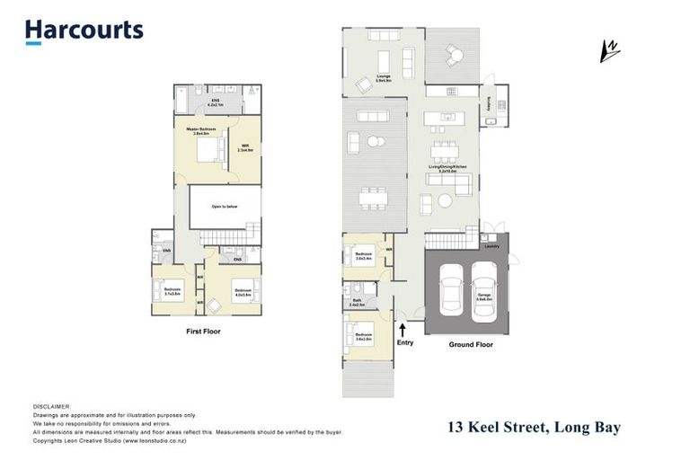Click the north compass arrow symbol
tap(611, 50)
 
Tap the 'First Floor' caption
tap(201, 332)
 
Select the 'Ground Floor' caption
tap(471, 344)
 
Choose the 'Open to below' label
tap(224, 206)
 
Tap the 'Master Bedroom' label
tap(204, 129)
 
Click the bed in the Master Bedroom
tap(207, 153)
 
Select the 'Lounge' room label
tap(370, 79)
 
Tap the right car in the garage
tap(484, 289)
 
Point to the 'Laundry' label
tap(491, 244)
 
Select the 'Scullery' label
tap(490, 105)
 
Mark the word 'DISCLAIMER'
tap(50, 406)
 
